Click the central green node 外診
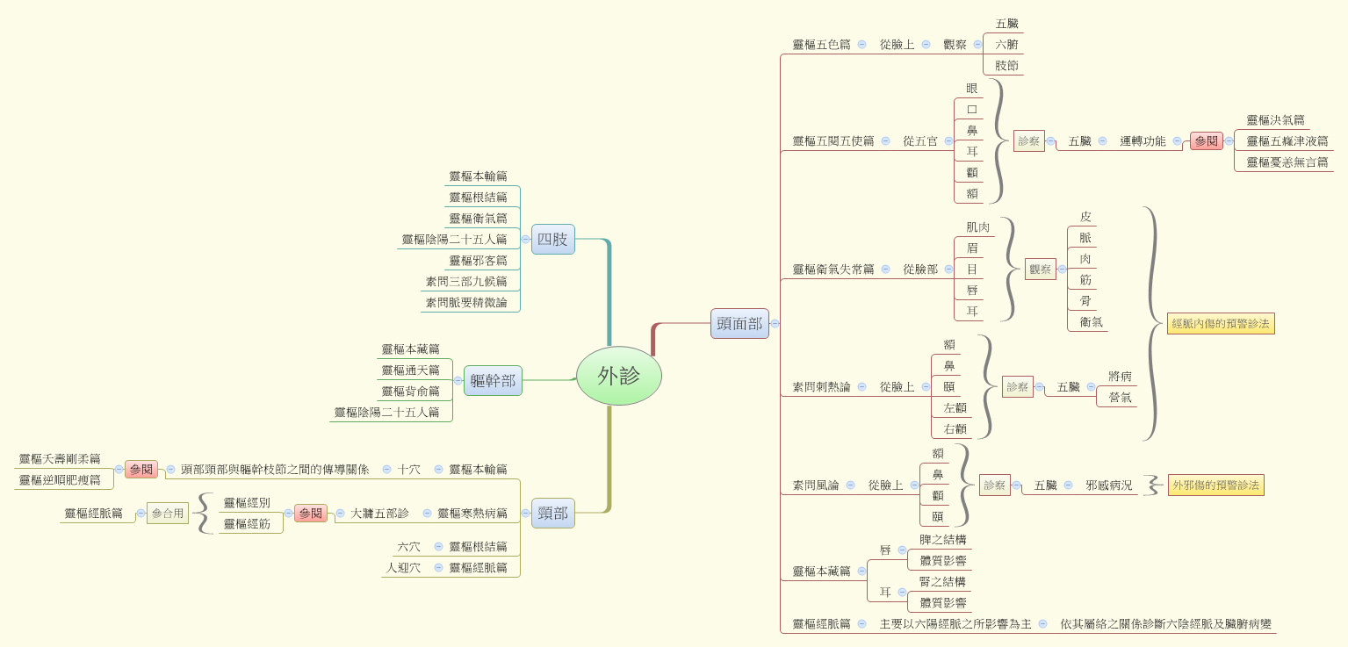coord(618,376)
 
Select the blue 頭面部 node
coord(739,323)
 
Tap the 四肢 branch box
coord(552,239)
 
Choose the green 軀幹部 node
coord(493,381)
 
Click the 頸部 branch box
coord(552,513)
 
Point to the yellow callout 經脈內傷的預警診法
coord(1221,323)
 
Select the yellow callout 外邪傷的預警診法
coord(1215,485)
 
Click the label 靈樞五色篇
coord(821,44)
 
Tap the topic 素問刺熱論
coord(821,386)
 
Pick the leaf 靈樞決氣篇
coord(1275,119)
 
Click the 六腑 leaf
coord(1006,44)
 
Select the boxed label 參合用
coord(167,514)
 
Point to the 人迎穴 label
coord(403,567)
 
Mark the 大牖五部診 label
coord(379,513)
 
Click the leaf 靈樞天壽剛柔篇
coord(60,458)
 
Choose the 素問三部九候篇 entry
coord(466,281)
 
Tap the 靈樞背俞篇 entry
coord(410,391)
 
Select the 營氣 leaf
coord(1120,397)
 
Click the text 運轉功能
coord(1143,140)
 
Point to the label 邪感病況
coord(1108,485)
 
